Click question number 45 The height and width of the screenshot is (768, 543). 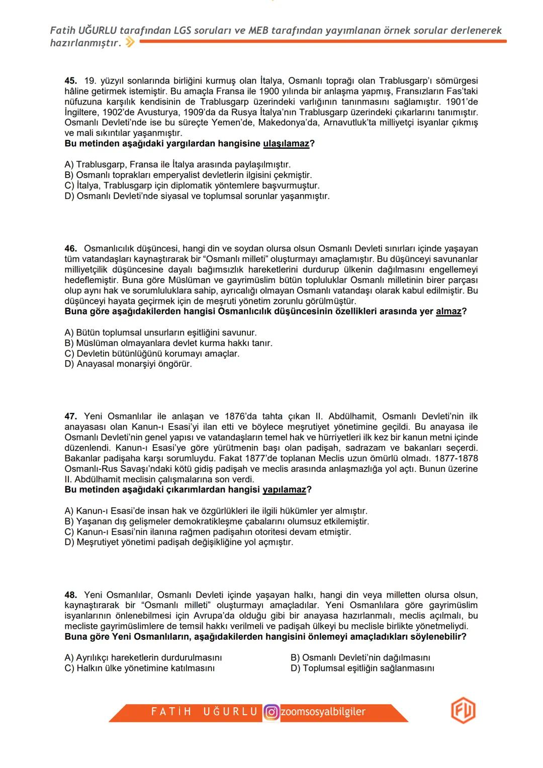tap(70, 80)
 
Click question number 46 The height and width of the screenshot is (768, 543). tap(70, 248)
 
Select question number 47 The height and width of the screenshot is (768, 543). tap(70, 416)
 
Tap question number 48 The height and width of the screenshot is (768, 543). tap(70, 595)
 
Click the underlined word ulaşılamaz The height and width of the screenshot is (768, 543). tap(286, 144)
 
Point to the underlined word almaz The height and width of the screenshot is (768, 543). tap(448, 311)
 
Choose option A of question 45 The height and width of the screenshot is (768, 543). tap(177, 164)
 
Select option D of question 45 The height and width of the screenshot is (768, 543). tap(197, 196)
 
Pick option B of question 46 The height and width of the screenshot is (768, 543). tap(168, 343)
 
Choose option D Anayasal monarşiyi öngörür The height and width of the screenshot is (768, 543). tap(128, 364)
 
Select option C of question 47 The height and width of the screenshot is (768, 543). tap(208, 532)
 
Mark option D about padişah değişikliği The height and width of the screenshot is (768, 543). tap(178, 542)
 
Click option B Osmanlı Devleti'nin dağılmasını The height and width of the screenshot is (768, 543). tap(360, 658)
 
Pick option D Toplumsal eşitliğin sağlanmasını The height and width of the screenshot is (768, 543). tap(362, 668)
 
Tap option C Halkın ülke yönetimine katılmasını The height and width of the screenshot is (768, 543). tap(139, 668)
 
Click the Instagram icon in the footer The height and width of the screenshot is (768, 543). tap(271, 712)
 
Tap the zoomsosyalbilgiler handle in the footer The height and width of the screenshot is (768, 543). tap(323, 712)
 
